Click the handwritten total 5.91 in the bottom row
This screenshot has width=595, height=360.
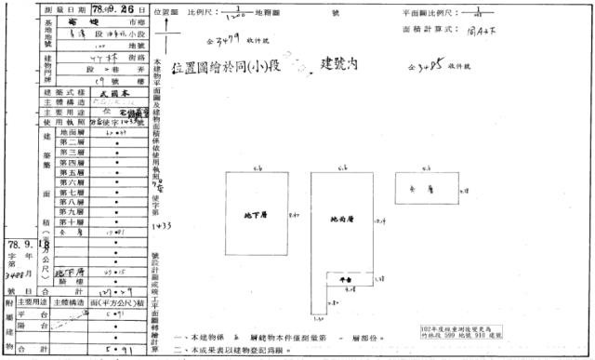(116, 351)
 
